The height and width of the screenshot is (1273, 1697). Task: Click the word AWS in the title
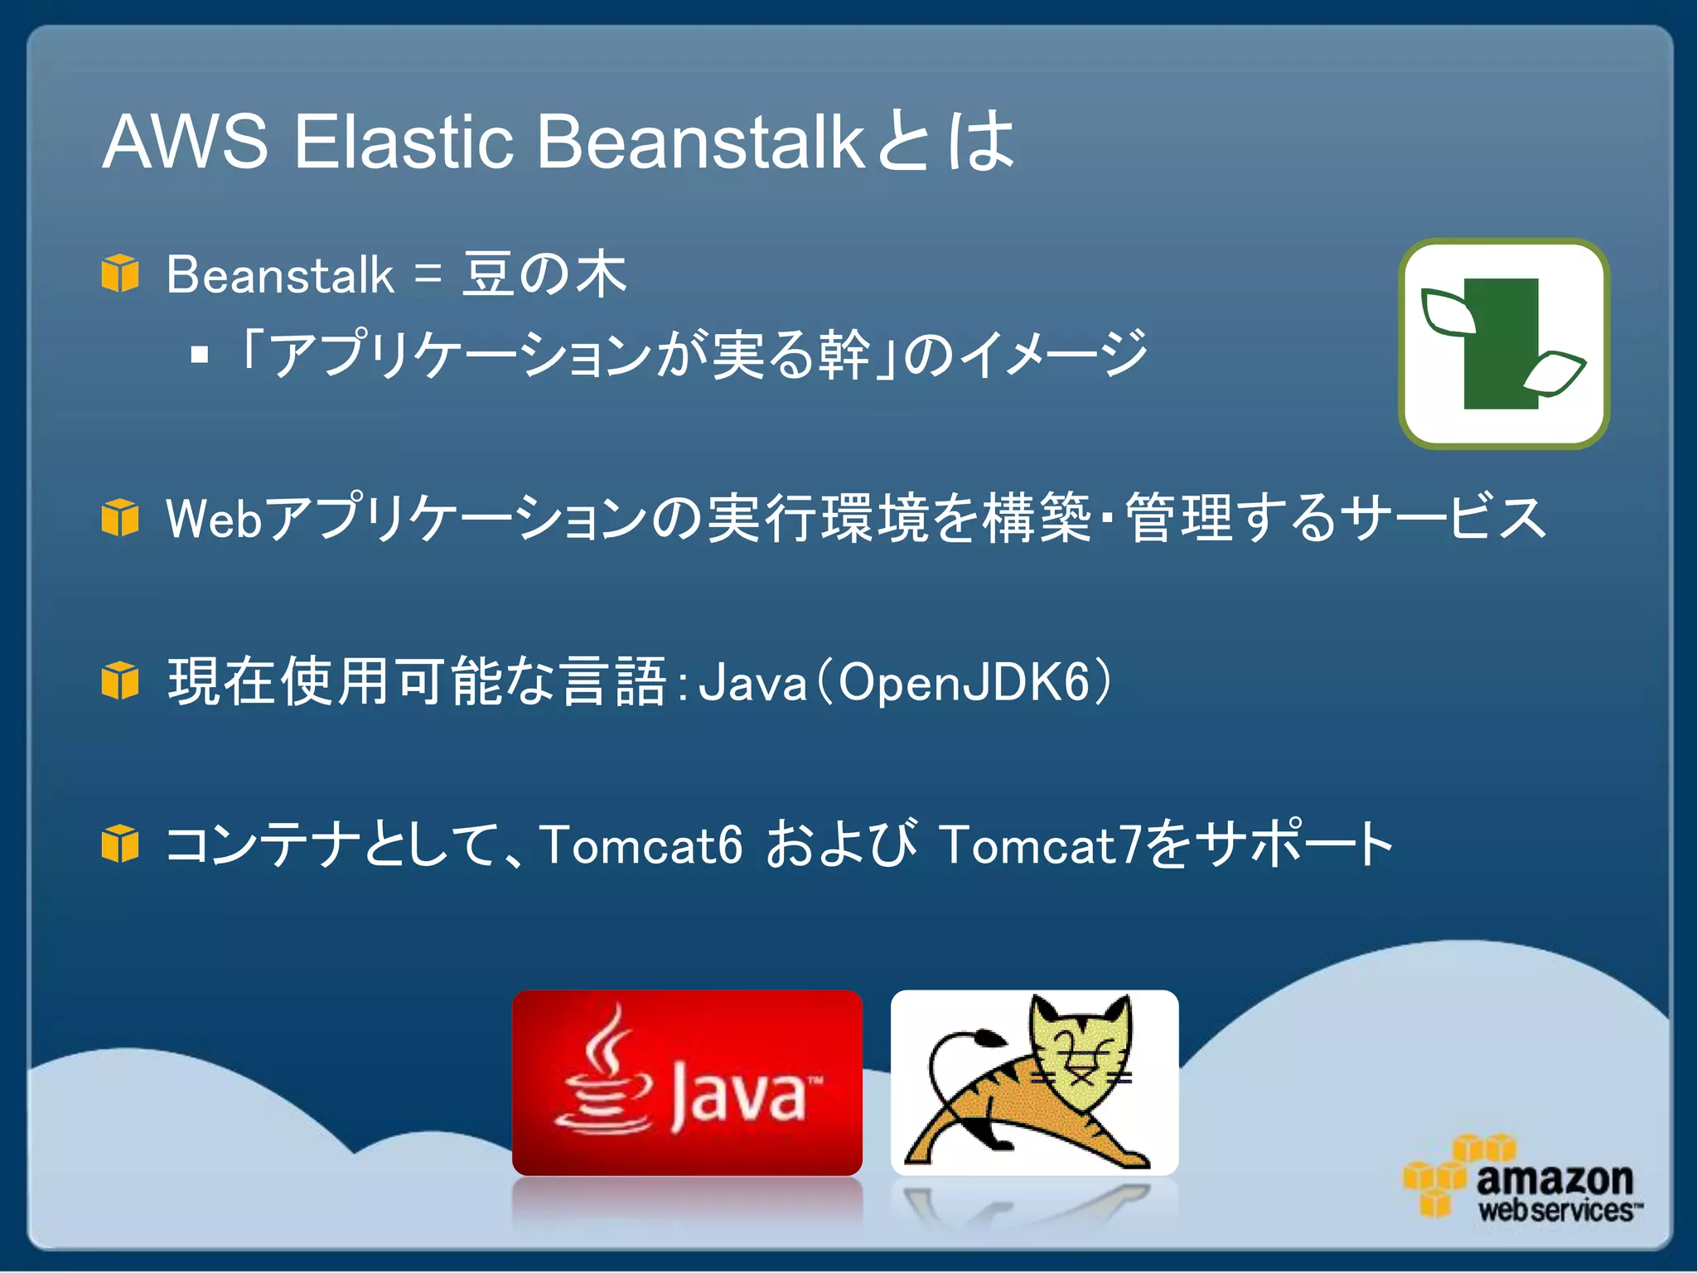click(x=185, y=142)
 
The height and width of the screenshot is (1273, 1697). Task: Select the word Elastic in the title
click(x=404, y=142)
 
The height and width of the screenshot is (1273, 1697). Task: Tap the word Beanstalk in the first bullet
click(x=280, y=275)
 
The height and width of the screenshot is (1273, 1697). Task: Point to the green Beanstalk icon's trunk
click(x=1500, y=344)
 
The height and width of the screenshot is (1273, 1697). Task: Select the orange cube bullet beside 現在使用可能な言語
click(x=120, y=680)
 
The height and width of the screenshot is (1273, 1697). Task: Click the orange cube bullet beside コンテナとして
click(x=120, y=844)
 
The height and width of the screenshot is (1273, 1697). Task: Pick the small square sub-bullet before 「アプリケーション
click(x=199, y=356)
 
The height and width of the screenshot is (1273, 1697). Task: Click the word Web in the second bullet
click(x=214, y=518)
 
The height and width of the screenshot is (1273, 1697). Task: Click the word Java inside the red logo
click(x=737, y=1094)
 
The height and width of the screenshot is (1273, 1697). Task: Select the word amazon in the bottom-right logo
click(x=1554, y=1178)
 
